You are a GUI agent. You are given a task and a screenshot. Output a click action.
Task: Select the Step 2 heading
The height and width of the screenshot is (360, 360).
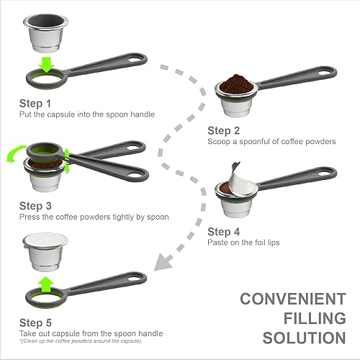point(225,130)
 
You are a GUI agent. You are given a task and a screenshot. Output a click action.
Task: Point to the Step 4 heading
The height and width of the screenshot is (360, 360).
point(225,231)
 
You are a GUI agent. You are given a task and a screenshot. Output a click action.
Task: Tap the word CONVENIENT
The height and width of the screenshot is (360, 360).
point(288,299)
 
